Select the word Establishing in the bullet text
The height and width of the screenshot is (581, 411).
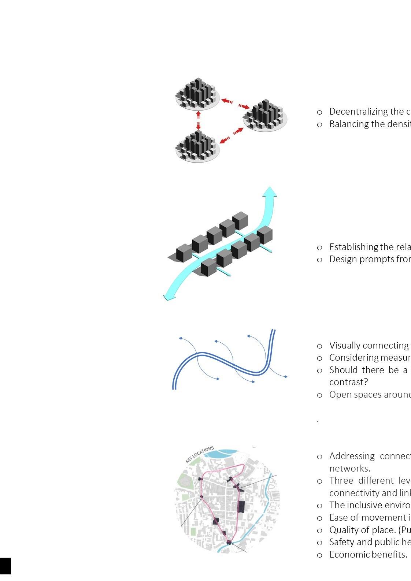pos(353,247)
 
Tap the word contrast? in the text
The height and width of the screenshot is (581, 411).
pos(348,382)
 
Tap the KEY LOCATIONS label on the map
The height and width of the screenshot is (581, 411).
pos(200,454)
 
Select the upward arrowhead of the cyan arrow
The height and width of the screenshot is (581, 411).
pos(270,192)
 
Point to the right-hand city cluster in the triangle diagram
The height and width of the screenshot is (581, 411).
pos(265,115)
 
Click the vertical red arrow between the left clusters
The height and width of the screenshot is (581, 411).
pos(198,120)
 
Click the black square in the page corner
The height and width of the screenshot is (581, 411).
pos(5,566)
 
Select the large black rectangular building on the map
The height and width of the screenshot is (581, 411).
pos(241,507)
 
